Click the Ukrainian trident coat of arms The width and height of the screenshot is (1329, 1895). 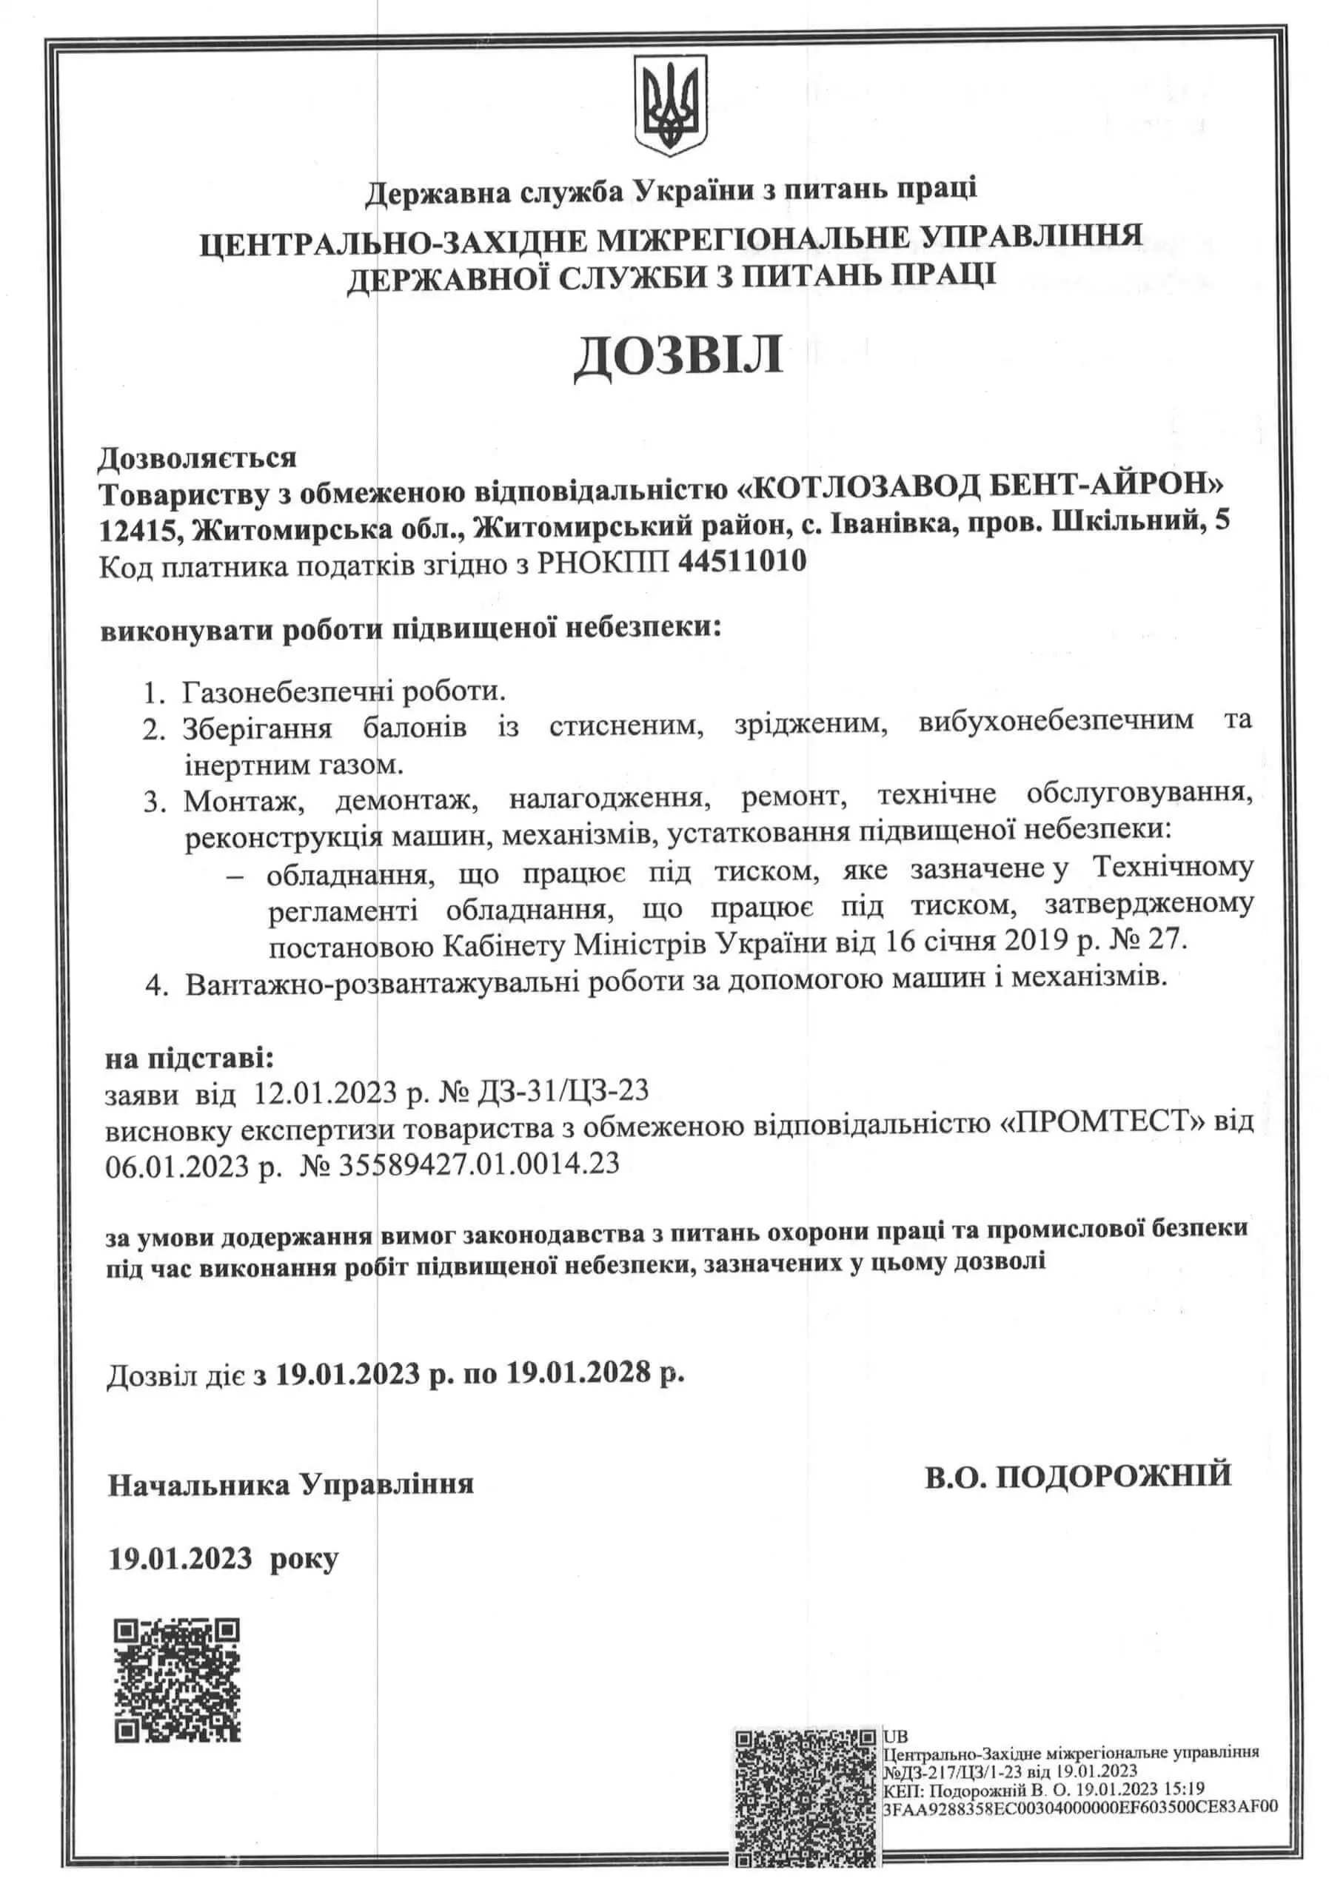[669, 107]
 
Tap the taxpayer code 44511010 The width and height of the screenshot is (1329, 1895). [740, 563]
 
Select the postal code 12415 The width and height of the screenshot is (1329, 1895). [138, 529]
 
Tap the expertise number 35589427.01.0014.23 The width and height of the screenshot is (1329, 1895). [479, 1164]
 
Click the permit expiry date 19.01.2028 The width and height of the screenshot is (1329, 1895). [580, 1372]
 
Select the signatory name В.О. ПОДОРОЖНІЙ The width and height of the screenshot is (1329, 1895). [1077, 1475]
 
